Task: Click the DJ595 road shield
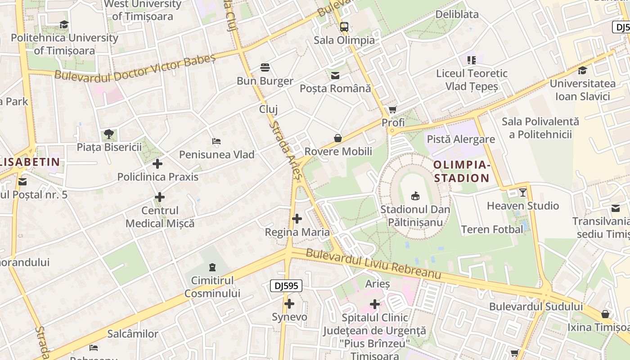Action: click(x=286, y=285)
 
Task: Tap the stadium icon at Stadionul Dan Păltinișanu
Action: click(x=415, y=196)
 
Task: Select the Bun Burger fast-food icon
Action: click(x=265, y=67)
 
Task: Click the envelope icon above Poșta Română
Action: click(x=335, y=75)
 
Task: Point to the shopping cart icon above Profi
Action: click(x=393, y=109)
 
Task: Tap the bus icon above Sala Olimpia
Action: click(x=344, y=27)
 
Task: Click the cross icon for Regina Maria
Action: click(x=297, y=219)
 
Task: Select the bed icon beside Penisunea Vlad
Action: click(x=216, y=141)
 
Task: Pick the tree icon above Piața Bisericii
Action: click(x=108, y=134)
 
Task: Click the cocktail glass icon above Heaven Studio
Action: click(x=522, y=193)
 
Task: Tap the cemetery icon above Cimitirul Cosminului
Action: click(x=212, y=267)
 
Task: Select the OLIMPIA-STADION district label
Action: click(x=461, y=171)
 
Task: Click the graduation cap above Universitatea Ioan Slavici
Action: click(x=582, y=70)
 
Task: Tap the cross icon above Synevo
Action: click(x=289, y=304)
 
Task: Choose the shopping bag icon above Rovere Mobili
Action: click(x=338, y=138)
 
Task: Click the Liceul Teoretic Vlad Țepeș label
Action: click(x=472, y=80)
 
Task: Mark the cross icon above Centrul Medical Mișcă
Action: click(x=159, y=197)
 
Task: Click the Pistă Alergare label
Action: click(x=461, y=139)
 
